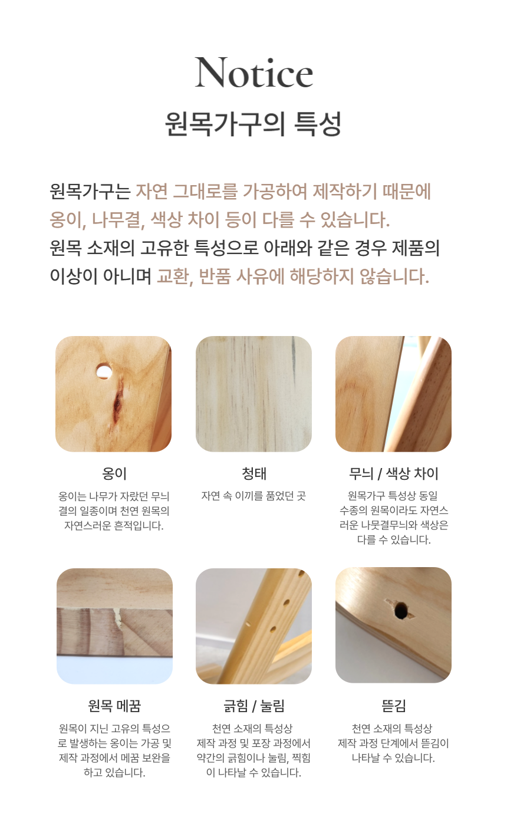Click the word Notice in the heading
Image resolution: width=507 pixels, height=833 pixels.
coord(253,73)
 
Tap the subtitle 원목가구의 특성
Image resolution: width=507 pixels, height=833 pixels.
coord(253,124)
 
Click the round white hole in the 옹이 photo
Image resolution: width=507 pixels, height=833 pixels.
coord(104,371)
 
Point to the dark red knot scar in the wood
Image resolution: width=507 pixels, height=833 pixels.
coord(118,401)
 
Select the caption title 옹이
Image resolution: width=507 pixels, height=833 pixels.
coord(114,473)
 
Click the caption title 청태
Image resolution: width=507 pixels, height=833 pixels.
coord(254,473)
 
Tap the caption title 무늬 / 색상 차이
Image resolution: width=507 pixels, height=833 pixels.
coord(394,473)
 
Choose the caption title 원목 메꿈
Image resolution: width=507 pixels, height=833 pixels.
coord(114,706)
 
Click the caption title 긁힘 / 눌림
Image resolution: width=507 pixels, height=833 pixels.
coord(254,706)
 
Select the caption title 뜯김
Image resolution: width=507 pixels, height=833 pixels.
coord(394,706)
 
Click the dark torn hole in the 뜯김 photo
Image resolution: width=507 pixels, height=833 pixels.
coord(400,611)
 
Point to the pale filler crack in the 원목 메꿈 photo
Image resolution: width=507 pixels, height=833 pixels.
coord(119,619)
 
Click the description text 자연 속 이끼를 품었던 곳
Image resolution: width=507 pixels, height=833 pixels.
coord(253,496)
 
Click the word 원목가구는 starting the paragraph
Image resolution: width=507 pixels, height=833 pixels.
coord(90,192)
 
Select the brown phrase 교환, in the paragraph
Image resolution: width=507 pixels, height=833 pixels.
coord(175,276)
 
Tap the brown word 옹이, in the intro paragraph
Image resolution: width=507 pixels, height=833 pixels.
coord(68,219)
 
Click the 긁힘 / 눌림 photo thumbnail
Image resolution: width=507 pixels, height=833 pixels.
coord(253,626)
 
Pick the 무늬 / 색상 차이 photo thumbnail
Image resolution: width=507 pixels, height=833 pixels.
coord(394,394)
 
